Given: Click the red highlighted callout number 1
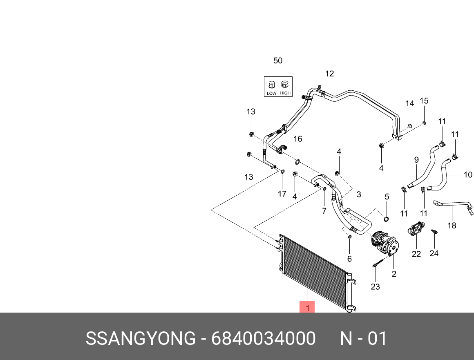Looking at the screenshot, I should pos(307,307).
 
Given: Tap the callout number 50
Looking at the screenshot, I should pos(278,61).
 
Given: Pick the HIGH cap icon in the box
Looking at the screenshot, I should pos(285,85).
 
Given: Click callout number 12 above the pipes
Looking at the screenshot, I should pos(329,74).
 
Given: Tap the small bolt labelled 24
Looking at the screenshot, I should pos(434,233).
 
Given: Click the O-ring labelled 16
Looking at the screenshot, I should pos(297,162).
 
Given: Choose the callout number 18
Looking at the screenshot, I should pos(452,226).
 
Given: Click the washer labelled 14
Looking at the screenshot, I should pos(410,125).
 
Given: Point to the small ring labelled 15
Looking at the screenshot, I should pos(424,123).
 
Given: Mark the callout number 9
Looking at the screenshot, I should pos(416,160).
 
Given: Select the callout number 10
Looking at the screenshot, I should pos(467,175).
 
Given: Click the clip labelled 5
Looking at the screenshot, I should pos(386,220).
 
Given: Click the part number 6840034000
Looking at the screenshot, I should pos(263,339).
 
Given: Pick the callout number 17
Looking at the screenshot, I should pos(282,194).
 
